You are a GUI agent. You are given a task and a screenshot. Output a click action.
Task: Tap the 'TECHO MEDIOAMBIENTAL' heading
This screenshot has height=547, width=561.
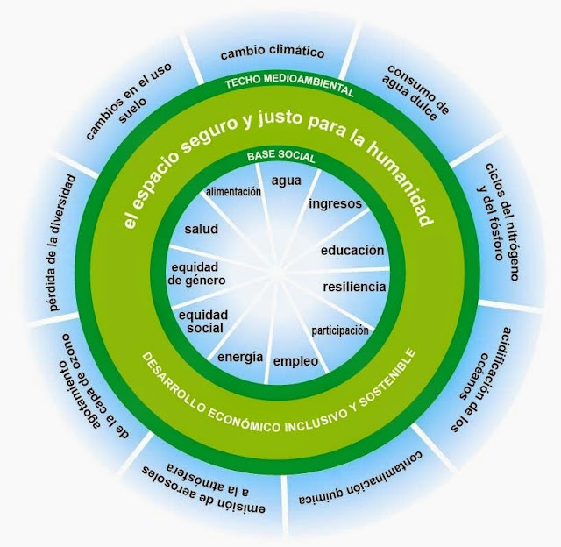pos(290,87)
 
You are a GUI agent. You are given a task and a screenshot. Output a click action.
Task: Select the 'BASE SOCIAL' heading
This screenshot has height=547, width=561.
pos(280,157)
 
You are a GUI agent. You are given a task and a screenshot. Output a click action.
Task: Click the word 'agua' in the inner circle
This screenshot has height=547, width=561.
pos(287,181)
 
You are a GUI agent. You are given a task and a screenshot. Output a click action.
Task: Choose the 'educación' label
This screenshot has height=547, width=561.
pos(352,251)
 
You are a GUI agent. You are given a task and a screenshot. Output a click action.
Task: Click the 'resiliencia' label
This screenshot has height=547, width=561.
pos(353,286)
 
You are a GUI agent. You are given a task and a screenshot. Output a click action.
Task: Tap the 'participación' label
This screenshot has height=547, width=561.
pos(340,331)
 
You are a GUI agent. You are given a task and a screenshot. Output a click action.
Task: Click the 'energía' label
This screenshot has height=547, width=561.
pos(240,355)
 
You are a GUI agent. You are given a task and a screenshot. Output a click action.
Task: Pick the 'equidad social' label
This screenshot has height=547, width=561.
pos(203,321)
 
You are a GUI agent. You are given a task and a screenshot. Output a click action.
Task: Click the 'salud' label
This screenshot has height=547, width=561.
pos(201,229)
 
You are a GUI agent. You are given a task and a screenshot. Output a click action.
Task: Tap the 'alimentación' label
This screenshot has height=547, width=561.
pos(234,191)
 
